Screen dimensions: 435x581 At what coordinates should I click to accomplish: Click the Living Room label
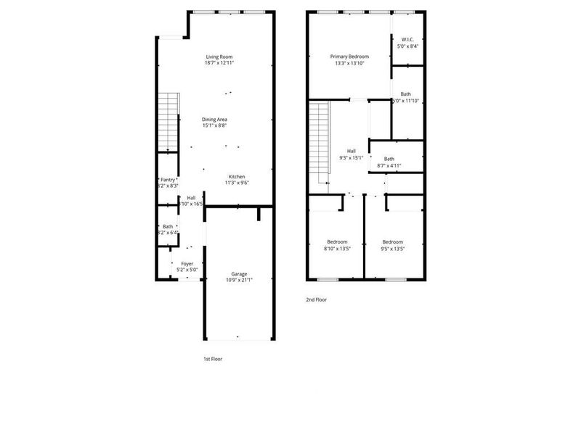tap(219, 57)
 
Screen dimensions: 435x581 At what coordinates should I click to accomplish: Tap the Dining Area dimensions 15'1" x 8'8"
tap(219, 125)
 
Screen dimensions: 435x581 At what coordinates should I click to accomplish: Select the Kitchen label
tap(237, 177)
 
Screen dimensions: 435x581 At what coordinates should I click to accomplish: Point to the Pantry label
tap(168, 180)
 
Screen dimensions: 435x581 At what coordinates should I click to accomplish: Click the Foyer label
tap(187, 264)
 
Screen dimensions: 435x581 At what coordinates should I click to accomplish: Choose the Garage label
tap(239, 274)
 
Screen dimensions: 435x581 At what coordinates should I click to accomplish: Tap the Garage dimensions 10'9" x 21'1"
tap(239, 281)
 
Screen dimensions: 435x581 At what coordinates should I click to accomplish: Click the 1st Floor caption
tap(213, 358)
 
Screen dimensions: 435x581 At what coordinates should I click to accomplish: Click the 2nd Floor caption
tap(316, 299)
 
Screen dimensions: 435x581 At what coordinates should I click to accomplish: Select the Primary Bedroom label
tap(349, 57)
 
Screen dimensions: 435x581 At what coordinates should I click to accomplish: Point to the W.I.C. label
tap(407, 39)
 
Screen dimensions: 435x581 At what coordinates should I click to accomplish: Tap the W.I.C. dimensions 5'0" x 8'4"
tap(407, 46)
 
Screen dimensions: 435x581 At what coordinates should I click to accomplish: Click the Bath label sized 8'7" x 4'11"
tap(389, 159)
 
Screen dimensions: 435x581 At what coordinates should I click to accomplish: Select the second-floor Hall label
tap(351, 151)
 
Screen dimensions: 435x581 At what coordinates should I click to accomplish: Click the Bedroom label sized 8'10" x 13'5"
tap(336, 241)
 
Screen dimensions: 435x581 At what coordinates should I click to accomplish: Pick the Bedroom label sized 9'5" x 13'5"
tap(392, 241)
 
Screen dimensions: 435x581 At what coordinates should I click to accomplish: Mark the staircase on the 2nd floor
tap(320, 141)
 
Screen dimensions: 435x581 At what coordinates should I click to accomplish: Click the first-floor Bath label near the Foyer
tap(168, 226)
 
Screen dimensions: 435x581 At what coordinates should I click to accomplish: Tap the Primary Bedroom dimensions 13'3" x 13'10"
tap(349, 63)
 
